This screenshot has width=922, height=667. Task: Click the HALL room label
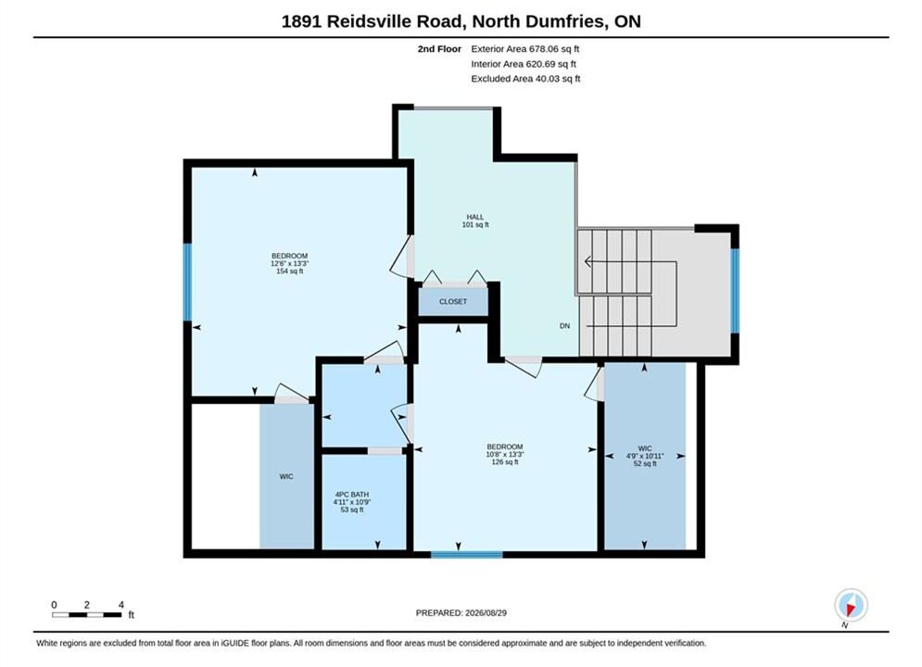point(475,217)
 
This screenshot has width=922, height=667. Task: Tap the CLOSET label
point(453,301)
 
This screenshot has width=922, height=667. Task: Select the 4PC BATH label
point(351,495)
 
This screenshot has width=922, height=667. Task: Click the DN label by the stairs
point(564,325)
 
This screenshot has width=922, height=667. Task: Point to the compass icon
point(851,605)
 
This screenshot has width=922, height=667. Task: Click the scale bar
point(86,615)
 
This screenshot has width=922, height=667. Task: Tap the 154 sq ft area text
point(289,271)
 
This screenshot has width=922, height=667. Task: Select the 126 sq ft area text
point(504,462)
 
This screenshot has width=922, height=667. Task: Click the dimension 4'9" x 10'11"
point(644,456)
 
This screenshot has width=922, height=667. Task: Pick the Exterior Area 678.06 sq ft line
point(525,49)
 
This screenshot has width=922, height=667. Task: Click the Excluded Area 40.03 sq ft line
point(525,78)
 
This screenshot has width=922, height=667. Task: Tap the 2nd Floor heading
point(439,49)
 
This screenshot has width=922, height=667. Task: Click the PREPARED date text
point(461,613)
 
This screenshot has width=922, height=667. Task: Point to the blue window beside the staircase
point(735,291)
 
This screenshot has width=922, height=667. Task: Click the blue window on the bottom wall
point(467,554)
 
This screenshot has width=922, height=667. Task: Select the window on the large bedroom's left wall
point(187,282)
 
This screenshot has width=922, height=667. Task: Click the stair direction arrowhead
point(587,261)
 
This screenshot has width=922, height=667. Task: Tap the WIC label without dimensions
point(286,476)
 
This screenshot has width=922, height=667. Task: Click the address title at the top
point(461,21)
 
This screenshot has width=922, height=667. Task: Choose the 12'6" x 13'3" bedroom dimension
point(289,264)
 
